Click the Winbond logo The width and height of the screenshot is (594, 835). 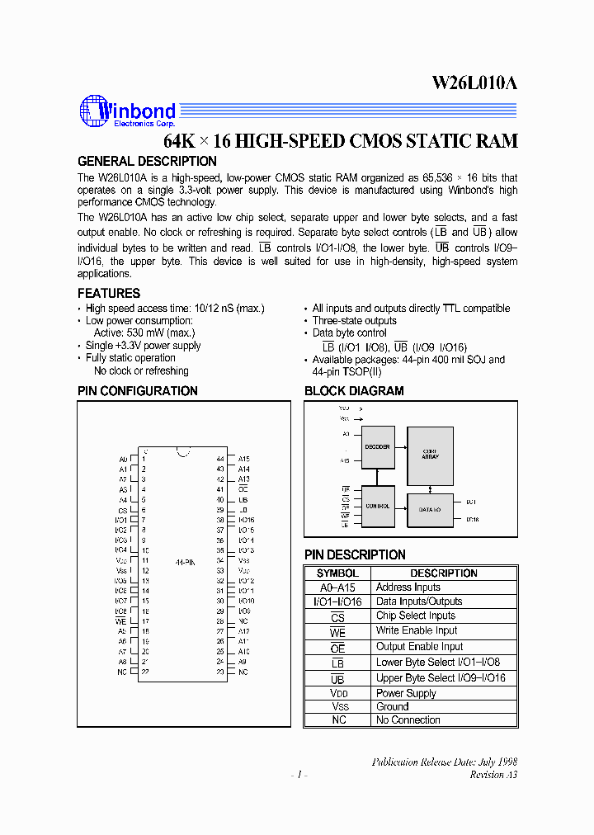point(127,111)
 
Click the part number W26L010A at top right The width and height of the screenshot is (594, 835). point(474,83)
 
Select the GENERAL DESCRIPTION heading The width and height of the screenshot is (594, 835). point(147,162)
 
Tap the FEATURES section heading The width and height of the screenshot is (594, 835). point(109,294)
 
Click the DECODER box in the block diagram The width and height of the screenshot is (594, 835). point(377,446)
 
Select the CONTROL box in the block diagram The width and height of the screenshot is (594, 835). point(377,507)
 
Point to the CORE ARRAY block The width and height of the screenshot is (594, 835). point(430,456)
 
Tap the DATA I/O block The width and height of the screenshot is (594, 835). point(430,510)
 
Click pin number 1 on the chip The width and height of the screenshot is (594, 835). point(144,459)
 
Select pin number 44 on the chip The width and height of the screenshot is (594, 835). point(220,459)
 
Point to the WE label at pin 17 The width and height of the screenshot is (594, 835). point(121,620)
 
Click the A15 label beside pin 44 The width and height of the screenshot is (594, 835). point(244,459)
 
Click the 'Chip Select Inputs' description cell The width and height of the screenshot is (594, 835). point(415,616)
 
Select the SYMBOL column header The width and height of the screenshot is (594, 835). point(337,573)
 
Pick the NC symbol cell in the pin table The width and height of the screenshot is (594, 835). point(338,720)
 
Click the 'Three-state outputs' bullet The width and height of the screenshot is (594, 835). point(354,321)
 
